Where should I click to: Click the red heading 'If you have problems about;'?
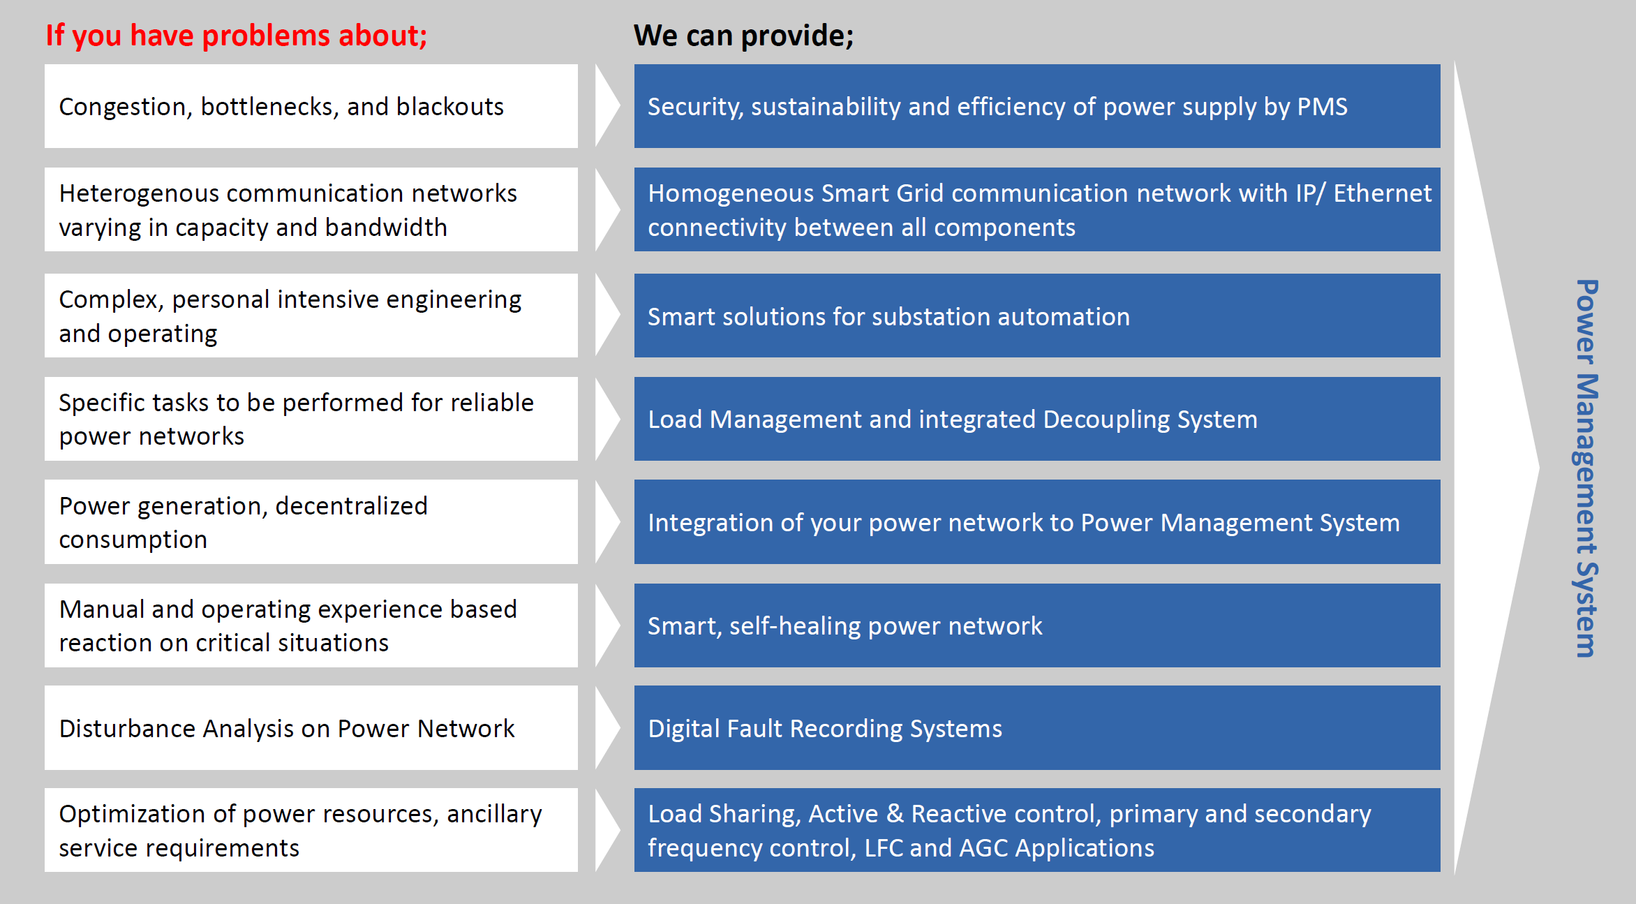(237, 36)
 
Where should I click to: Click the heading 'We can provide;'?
(743, 36)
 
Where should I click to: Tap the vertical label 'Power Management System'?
(1586, 468)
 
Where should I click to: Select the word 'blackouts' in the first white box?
(449, 107)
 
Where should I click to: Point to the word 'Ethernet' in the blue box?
(1382, 193)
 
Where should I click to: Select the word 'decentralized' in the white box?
(351, 506)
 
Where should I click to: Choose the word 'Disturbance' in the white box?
(127, 729)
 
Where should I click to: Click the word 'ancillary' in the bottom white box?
(494, 815)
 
